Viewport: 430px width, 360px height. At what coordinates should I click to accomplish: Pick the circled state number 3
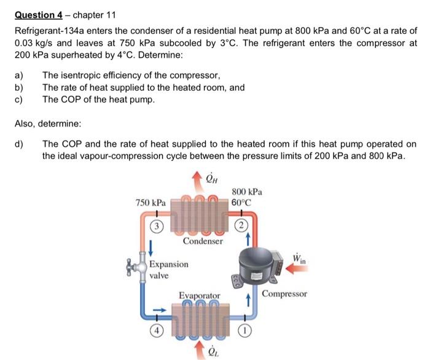click(x=157, y=225)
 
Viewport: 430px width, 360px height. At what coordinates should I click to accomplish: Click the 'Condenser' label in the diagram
click(x=203, y=241)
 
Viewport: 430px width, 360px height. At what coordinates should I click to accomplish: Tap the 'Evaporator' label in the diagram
click(x=199, y=296)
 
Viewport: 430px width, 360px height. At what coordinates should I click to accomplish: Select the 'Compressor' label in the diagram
click(x=284, y=294)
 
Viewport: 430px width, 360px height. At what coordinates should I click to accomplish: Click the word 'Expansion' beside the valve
click(x=169, y=265)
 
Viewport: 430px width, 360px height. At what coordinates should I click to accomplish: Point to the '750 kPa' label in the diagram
click(x=150, y=202)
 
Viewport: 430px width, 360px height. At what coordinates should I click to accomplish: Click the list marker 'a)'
click(x=19, y=76)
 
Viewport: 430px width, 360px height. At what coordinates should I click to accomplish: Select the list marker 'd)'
click(x=19, y=144)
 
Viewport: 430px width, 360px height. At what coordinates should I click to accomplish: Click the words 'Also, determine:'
click(x=48, y=123)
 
